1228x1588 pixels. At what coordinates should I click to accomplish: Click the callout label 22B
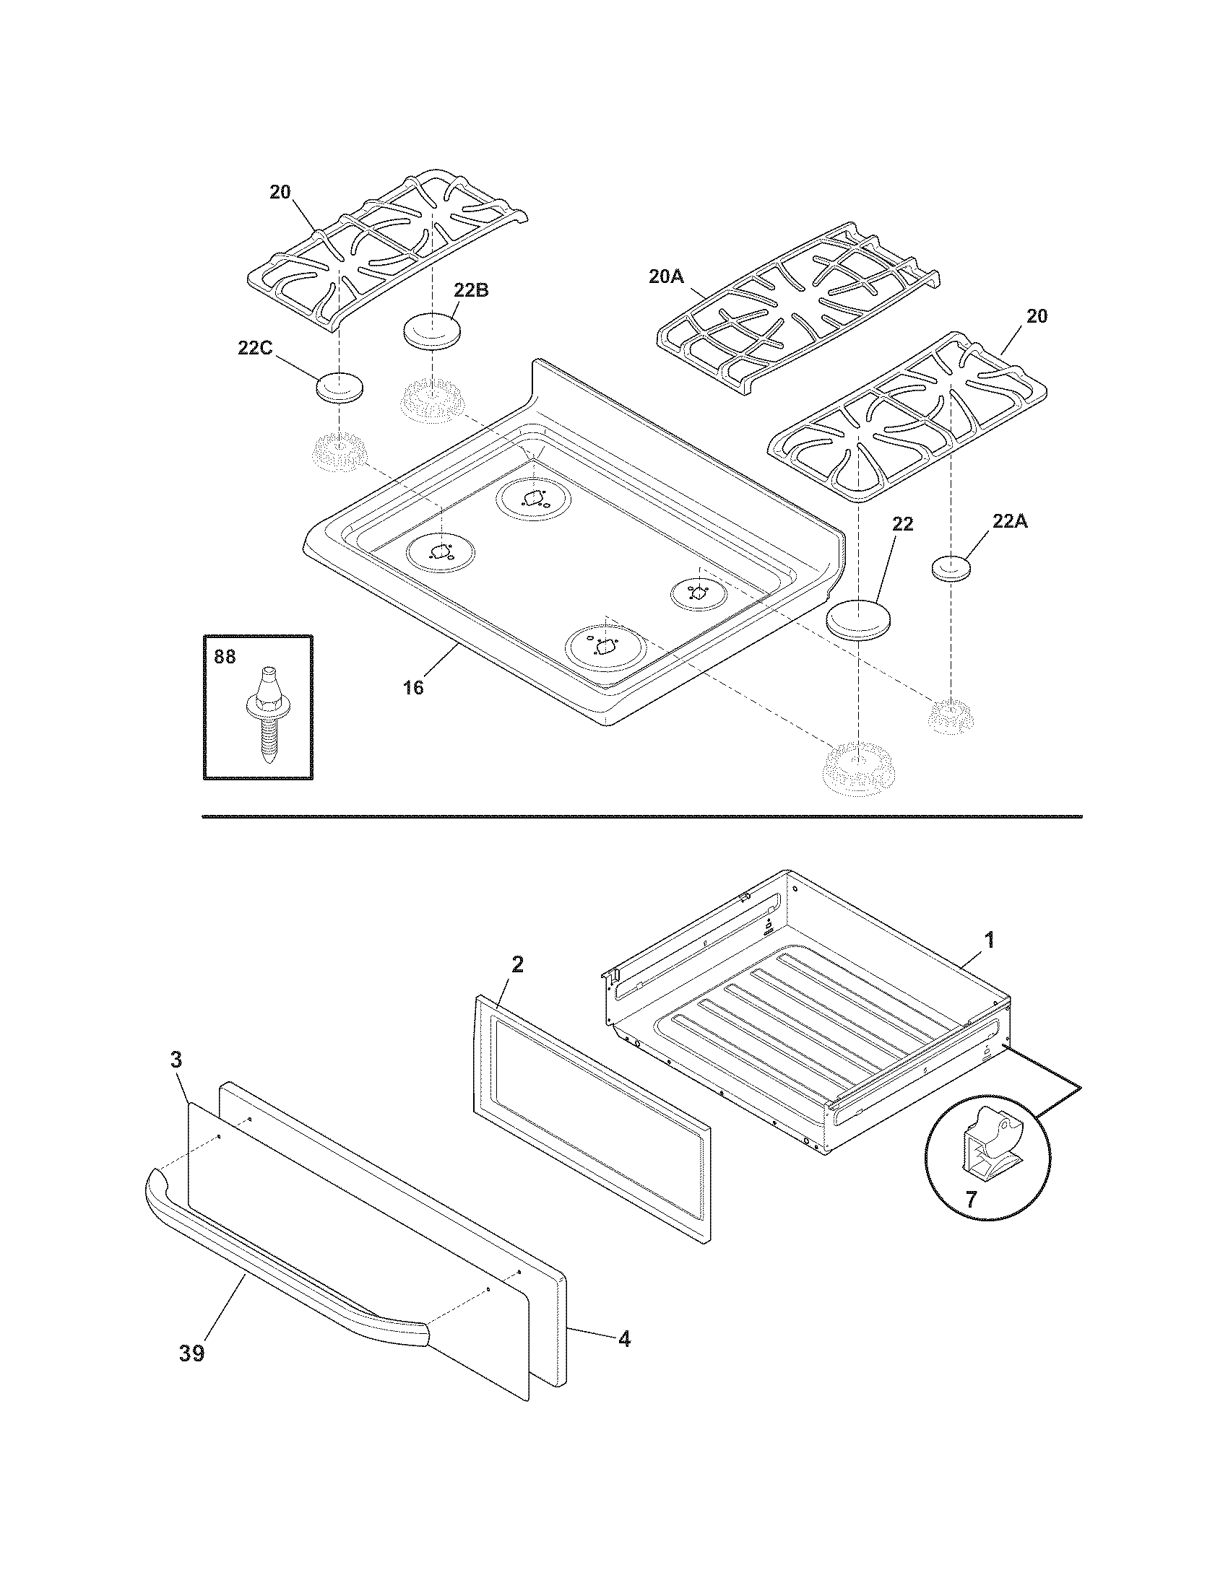471,289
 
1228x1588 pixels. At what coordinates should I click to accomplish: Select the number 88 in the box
225,657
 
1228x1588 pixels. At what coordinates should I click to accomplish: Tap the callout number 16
413,686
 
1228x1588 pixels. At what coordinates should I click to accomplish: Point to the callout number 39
192,1353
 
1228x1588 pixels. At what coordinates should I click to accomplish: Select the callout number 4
624,1338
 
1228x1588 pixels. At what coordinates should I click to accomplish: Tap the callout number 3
177,1060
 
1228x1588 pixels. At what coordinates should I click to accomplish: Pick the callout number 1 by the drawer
988,940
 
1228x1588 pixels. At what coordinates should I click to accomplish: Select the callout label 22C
254,348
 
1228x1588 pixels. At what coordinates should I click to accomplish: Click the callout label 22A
1010,520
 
